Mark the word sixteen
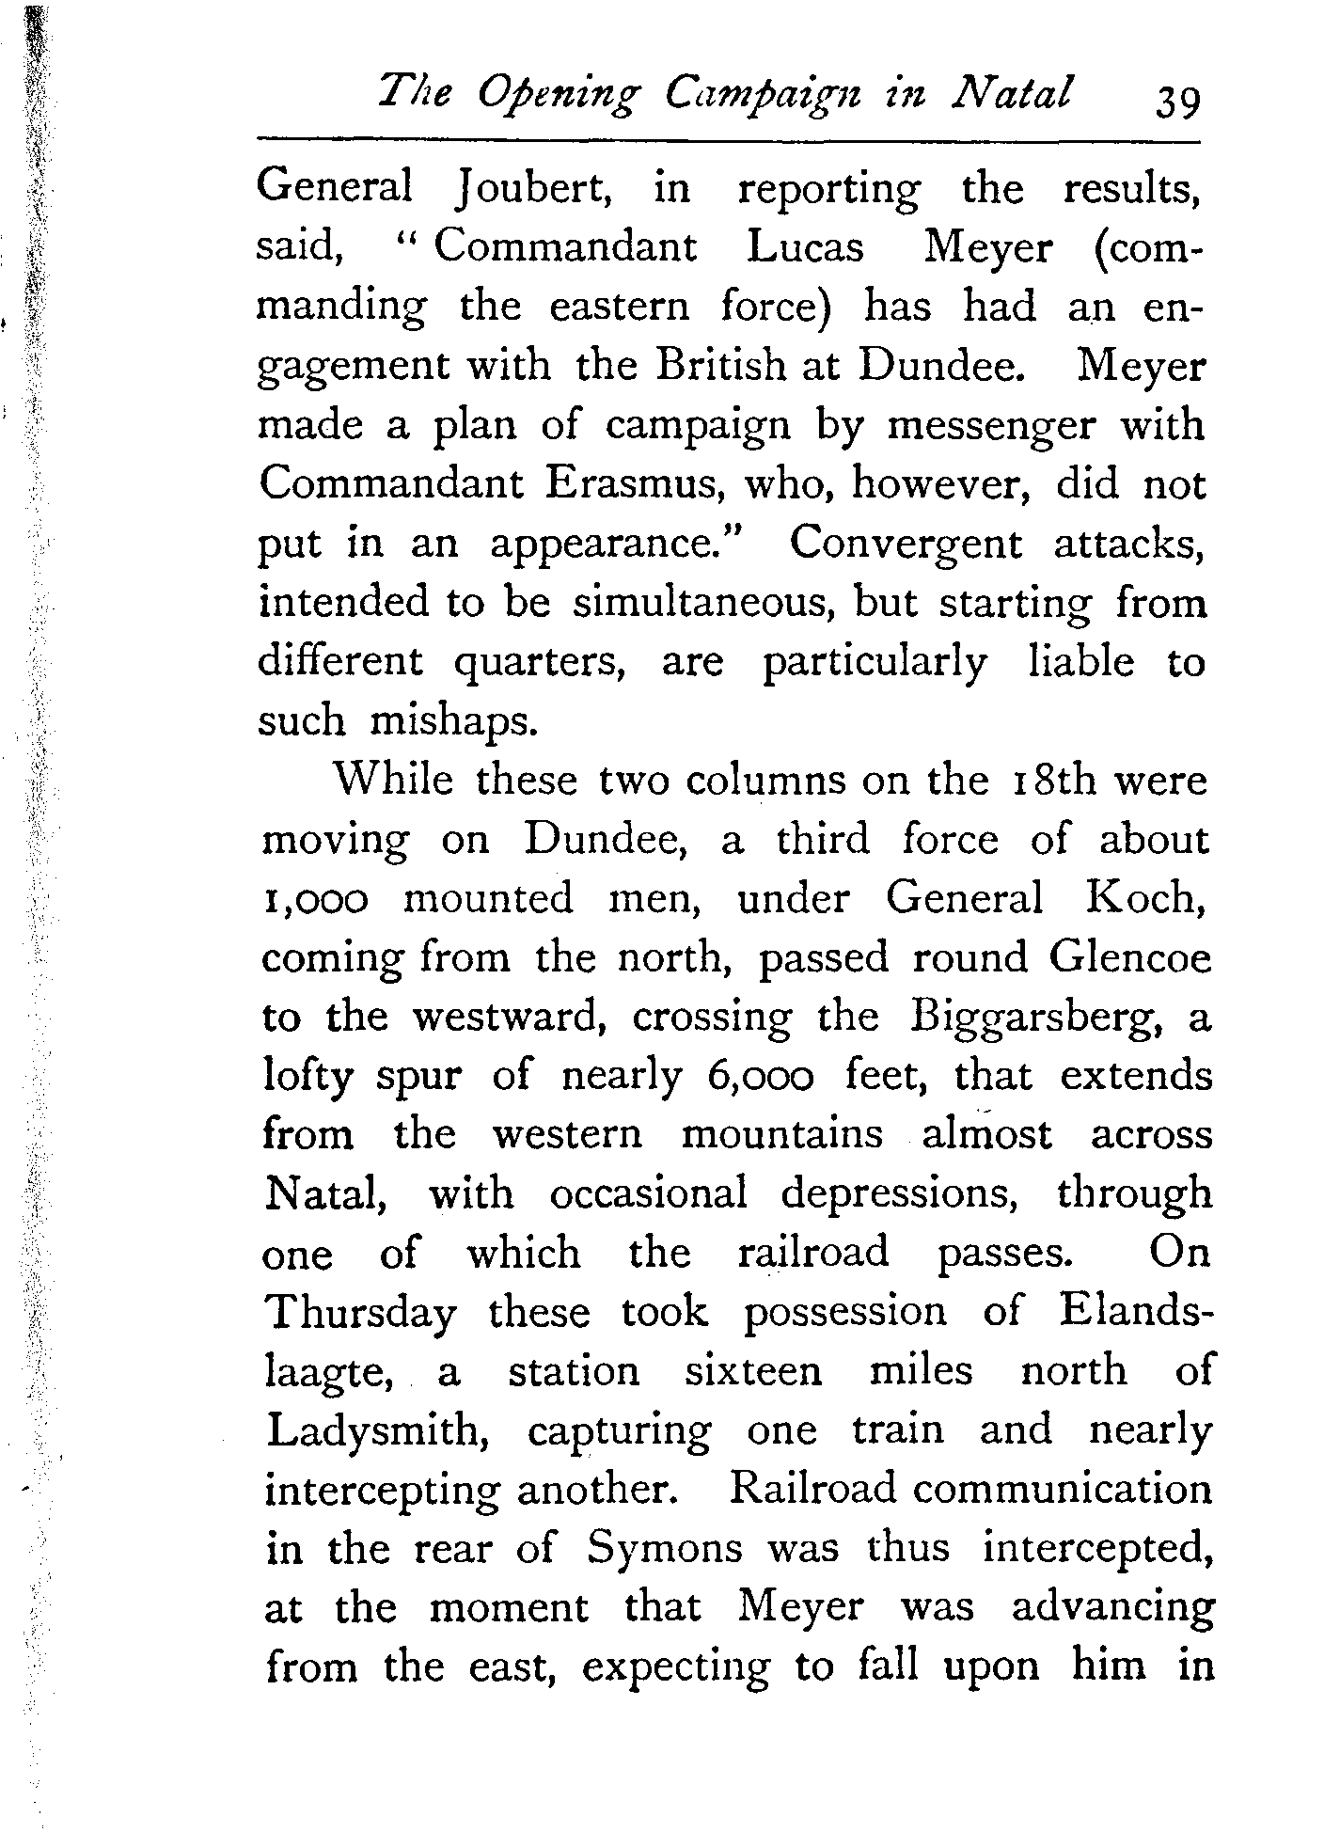(752, 1371)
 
